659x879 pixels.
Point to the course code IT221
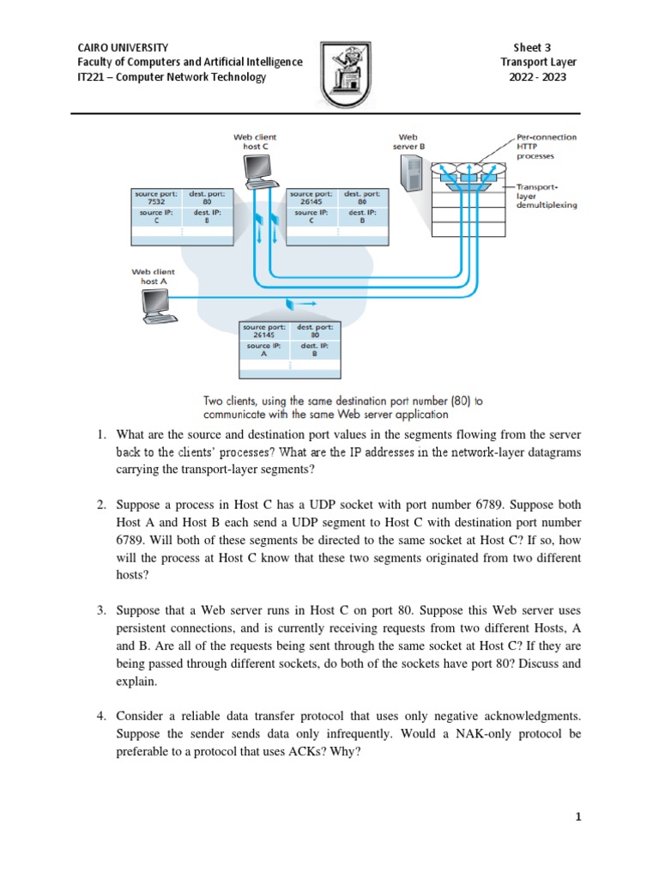pos(93,76)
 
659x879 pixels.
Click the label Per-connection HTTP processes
pos(546,146)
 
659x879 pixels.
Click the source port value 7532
pos(155,203)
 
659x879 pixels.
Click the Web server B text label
pos(408,141)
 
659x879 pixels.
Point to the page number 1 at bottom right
pos(579,817)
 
